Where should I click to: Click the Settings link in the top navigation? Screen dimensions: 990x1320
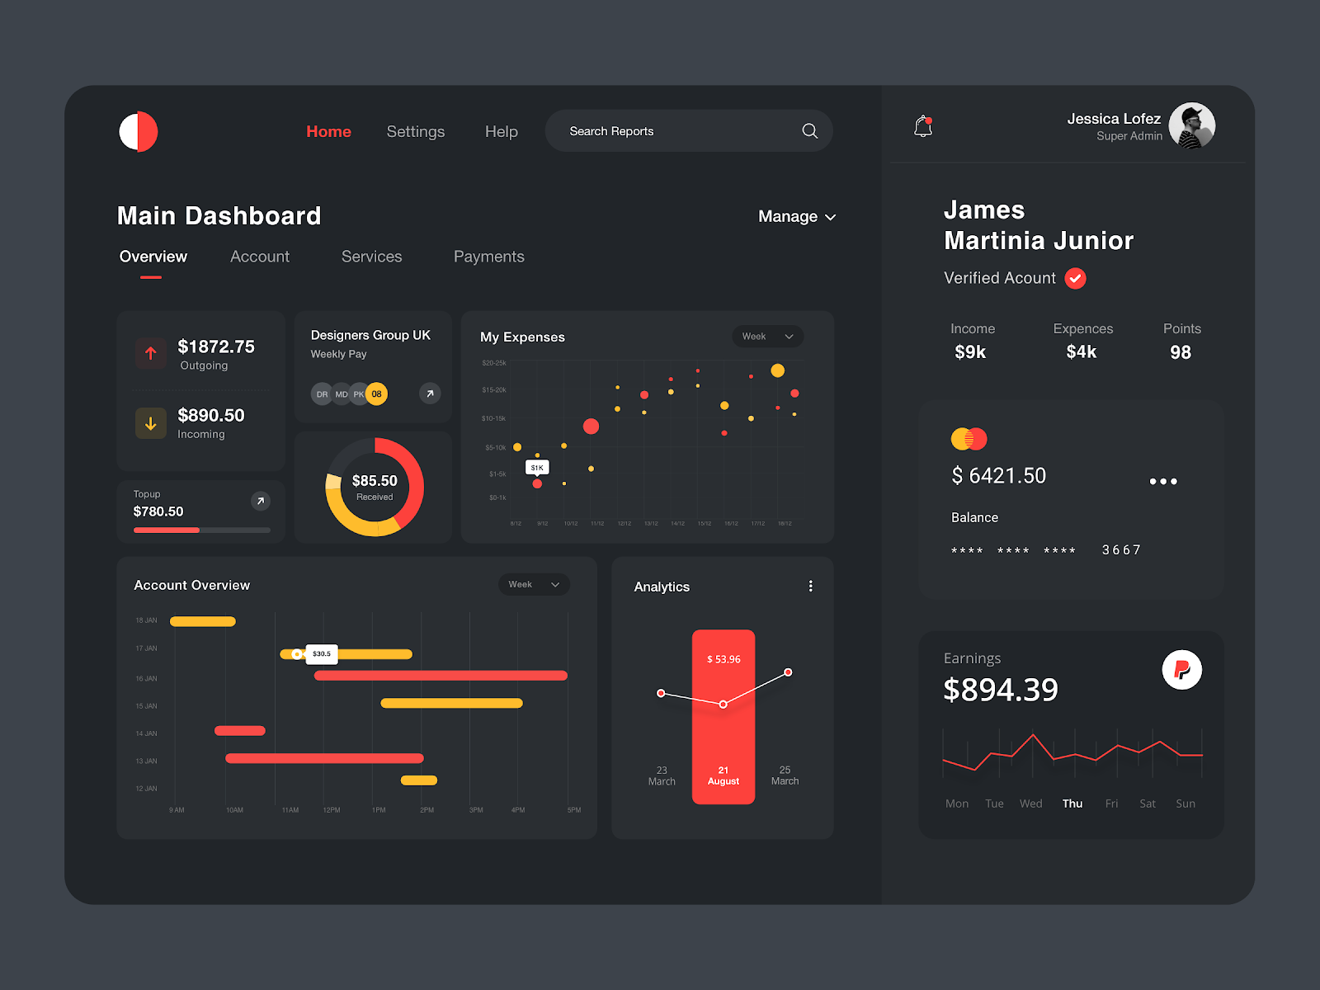click(415, 132)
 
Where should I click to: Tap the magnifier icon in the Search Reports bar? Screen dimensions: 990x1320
click(809, 131)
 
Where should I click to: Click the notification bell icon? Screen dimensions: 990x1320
click(923, 126)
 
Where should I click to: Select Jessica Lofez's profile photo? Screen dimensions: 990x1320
click(1191, 126)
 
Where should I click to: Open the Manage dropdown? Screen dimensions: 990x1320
click(796, 217)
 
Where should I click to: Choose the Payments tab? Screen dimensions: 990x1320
click(488, 257)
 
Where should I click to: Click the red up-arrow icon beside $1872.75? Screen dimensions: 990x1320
click(151, 354)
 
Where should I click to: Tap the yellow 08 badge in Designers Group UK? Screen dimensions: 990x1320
click(376, 394)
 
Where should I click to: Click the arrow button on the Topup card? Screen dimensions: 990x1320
click(260, 501)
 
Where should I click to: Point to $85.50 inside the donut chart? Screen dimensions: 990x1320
click(375, 481)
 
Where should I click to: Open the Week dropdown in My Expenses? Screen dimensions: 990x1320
click(767, 337)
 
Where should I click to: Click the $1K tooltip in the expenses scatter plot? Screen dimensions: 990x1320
click(537, 468)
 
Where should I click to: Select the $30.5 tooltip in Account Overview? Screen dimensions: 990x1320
click(322, 654)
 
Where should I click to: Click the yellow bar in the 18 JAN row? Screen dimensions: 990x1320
click(203, 621)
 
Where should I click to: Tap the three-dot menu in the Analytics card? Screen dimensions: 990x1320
click(810, 586)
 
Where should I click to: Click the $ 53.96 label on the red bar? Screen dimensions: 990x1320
click(724, 659)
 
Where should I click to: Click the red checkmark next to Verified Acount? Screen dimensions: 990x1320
click(1075, 279)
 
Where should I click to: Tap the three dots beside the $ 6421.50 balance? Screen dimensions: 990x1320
click(1163, 481)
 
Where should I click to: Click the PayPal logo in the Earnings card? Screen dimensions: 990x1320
click(1181, 670)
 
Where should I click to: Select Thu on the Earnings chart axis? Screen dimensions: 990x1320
click(1072, 804)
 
